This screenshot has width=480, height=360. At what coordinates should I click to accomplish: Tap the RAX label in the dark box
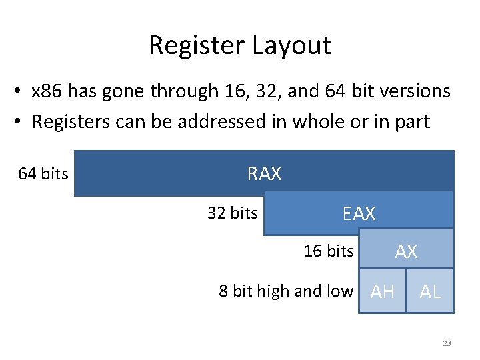click(x=264, y=174)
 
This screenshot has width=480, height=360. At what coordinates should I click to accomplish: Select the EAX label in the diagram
click(x=359, y=214)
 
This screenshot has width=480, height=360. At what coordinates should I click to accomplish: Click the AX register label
click(x=406, y=251)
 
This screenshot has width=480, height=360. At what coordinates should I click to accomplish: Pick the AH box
click(x=382, y=291)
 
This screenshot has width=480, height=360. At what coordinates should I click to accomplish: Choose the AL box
click(x=430, y=291)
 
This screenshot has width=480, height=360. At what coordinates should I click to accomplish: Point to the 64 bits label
click(x=43, y=174)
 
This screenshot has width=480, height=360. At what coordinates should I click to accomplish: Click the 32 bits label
click(x=232, y=213)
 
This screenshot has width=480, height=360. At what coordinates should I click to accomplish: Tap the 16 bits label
click(x=328, y=251)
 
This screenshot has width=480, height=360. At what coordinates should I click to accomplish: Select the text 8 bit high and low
click(x=286, y=291)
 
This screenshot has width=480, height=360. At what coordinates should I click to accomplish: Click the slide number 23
click(x=447, y=344)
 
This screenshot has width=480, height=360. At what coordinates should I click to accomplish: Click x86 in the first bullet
click(x=48, y=91)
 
